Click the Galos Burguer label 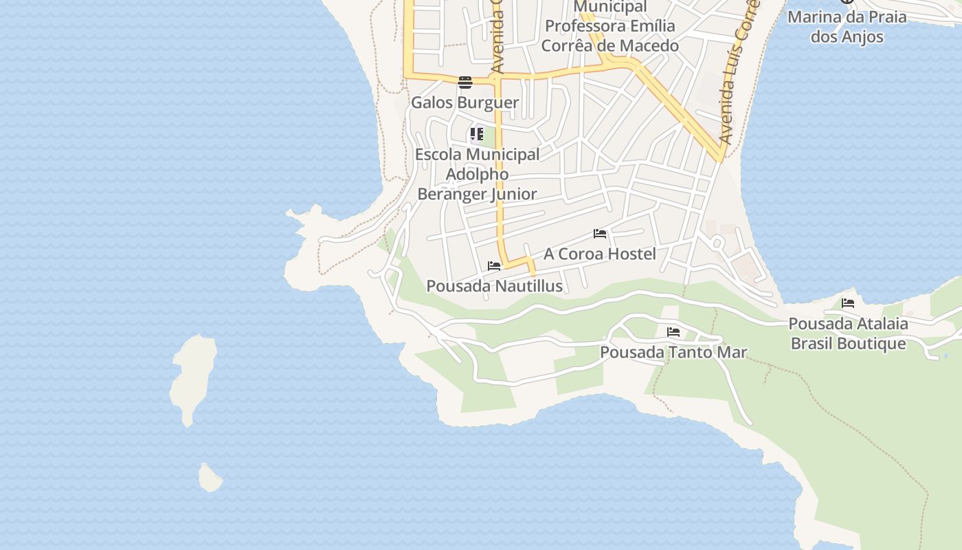pos(465,102)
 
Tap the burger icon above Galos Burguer pos(465,83)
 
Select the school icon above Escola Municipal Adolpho pos(477,134)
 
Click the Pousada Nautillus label pos(495,286)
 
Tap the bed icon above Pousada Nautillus pos(494,266)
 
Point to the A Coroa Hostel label pos(600,254)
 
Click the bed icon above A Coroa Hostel pos(600,234)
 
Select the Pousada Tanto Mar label pos(673,353)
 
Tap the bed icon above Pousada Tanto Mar pos(673,332)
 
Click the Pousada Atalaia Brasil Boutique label pos(848,333)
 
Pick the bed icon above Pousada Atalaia pos(848,303)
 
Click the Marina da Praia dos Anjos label pos(847,26)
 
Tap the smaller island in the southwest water pos(210,478)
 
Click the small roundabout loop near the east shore pos(718,242)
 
